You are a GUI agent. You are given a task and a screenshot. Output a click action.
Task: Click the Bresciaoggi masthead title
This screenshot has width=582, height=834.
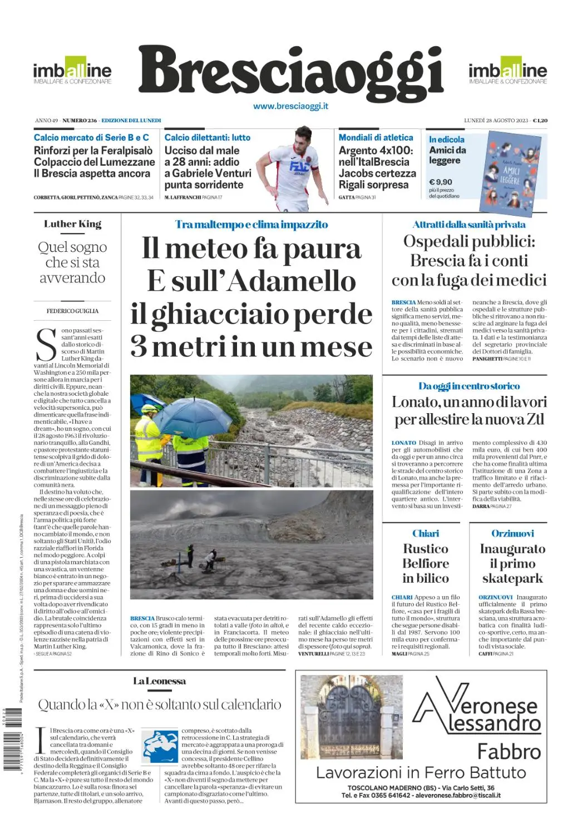290,72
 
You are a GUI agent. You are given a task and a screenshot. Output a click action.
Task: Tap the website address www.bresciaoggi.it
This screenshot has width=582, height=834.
290,106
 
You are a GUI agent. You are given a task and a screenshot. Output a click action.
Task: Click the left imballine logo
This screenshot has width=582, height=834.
72,71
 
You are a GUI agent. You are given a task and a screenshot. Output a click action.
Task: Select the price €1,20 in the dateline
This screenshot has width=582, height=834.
540,121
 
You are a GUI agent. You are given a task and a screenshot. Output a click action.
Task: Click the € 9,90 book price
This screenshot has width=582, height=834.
441,182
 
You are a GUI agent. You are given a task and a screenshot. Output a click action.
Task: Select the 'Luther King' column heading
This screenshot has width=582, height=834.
73,224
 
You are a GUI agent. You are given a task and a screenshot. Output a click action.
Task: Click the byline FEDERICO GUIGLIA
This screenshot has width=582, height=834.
72,311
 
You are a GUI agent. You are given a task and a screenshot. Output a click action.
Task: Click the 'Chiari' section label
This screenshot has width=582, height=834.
426,533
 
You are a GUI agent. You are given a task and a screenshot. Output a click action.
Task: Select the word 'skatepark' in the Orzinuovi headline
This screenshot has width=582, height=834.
512,578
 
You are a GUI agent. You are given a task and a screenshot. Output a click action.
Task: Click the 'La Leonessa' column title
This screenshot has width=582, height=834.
159,681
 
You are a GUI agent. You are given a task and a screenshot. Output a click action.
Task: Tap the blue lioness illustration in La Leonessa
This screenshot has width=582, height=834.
160,747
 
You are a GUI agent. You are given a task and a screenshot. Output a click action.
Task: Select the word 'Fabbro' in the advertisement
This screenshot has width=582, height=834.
509,752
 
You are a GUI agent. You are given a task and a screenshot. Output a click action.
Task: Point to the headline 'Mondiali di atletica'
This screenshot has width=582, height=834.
376,137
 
